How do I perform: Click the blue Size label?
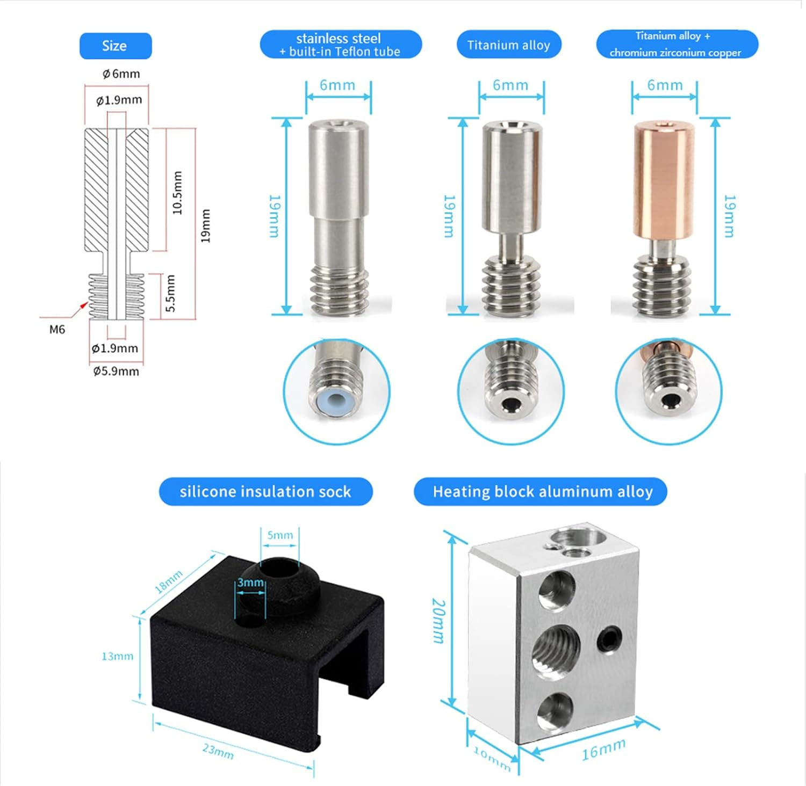(x=115, y=46)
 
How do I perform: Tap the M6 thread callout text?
(x=57, y=330)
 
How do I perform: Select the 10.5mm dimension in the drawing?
(x=177, y=193)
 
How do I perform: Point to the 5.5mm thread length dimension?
(x=170, y=293)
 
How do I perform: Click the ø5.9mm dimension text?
(x=116, y=371)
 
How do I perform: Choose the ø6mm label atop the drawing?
(x=121, y=74)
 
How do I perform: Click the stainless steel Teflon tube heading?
(x=340, y=45)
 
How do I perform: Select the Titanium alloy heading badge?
(x=508, y=45)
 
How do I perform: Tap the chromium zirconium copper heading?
(x=676, y=45)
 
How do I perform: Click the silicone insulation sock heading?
(x=265, y=492)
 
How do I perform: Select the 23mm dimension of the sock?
(x=218, y=751)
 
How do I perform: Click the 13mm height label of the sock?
(x=117, y=656)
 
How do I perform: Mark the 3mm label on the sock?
(x=250, y=583)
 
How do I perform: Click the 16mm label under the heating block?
(x=603, y=749)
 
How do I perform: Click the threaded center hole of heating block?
(x=556, y=649)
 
